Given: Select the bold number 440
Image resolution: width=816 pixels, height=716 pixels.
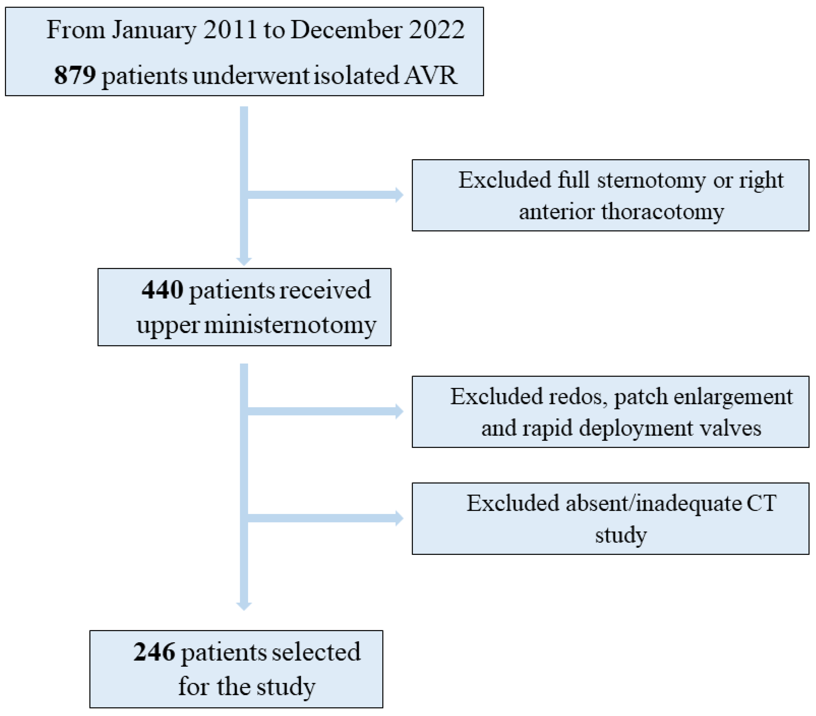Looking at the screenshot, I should [163, 290].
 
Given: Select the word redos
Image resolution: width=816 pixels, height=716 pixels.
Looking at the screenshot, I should [578, 397].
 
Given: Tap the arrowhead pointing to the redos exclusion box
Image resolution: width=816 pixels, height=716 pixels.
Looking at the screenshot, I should [399, 411].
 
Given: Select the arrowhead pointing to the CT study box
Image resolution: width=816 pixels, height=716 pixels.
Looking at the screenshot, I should [399, 518].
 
